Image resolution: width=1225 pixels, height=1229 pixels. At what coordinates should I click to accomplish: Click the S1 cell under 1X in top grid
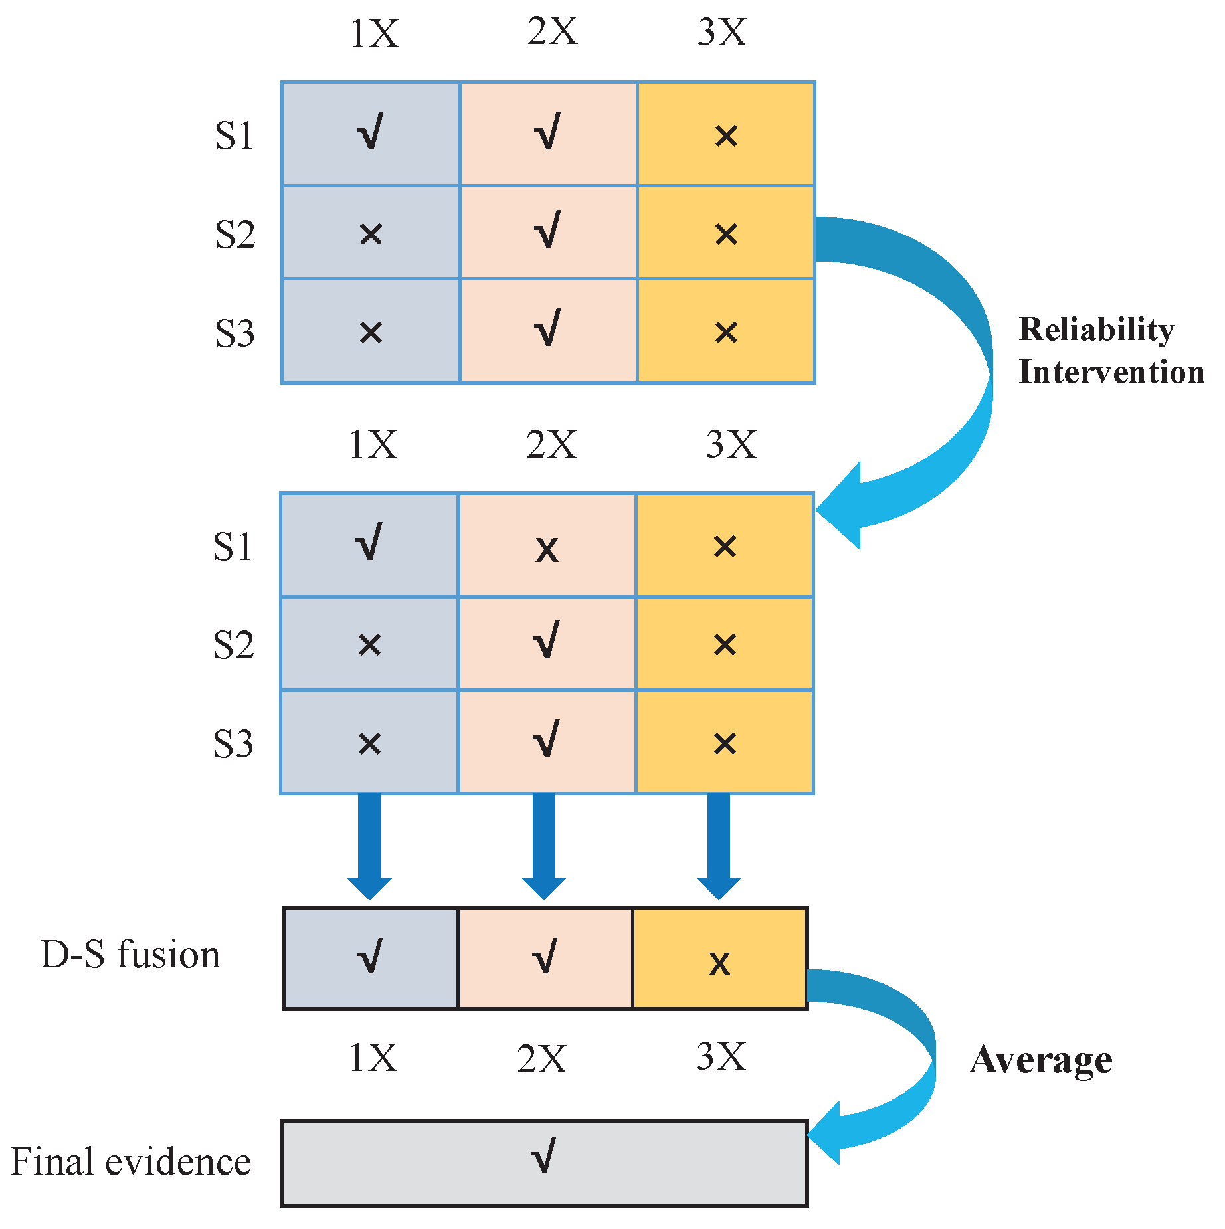click(x=370, y=134)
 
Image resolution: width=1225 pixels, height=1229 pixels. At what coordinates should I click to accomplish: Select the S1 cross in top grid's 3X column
click(x=726, y=136)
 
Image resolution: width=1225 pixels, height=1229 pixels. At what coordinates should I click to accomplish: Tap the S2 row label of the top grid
click(x=235, y=235)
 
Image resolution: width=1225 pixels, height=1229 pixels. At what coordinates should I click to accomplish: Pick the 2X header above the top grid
click(x=552, y=31)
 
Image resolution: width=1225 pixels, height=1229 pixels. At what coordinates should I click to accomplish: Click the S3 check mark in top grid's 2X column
click(x=548, y=328)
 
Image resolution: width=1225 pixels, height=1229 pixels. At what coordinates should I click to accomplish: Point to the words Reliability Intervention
click(x=1111, y=351)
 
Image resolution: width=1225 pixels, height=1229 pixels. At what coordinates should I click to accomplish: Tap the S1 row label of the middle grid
click(x=233, y=547)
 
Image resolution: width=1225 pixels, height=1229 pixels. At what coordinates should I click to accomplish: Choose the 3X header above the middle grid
click(x=730, y=444)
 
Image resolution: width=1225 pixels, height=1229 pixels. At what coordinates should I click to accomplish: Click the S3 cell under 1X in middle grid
click(x=369, y=743)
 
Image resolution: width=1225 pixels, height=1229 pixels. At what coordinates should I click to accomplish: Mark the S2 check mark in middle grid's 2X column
click(x=547, y=640)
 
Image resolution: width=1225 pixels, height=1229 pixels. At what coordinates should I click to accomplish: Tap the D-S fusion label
click(x=130, y=955)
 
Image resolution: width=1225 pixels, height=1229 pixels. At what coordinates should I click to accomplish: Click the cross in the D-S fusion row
click(x=719, y=963)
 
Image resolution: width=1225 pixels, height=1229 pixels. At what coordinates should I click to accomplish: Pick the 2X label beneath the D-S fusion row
click(x=541, y=1058)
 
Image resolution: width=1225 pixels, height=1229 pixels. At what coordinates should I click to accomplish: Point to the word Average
click(x=1040, y=1060)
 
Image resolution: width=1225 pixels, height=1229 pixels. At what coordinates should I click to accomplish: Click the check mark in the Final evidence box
click(x=543, y=1156)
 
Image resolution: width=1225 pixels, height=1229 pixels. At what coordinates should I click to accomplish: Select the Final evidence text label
click(x=131, y=1161)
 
